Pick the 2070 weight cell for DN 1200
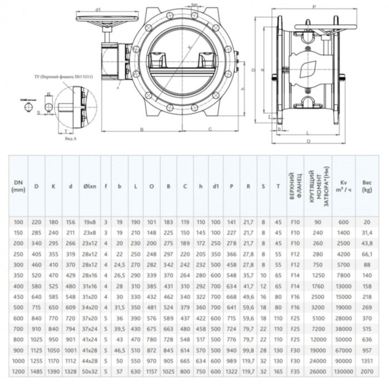(x=367, y=370)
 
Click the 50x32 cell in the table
(x=89, y=370)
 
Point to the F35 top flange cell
(x=295, y=370)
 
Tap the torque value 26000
(x=317, y=370)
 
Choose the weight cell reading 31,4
(x=367, y=233)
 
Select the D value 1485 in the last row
(x=37, y=370)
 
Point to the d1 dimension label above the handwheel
(x=98, y=9)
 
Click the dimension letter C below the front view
(x=209, y=128)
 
